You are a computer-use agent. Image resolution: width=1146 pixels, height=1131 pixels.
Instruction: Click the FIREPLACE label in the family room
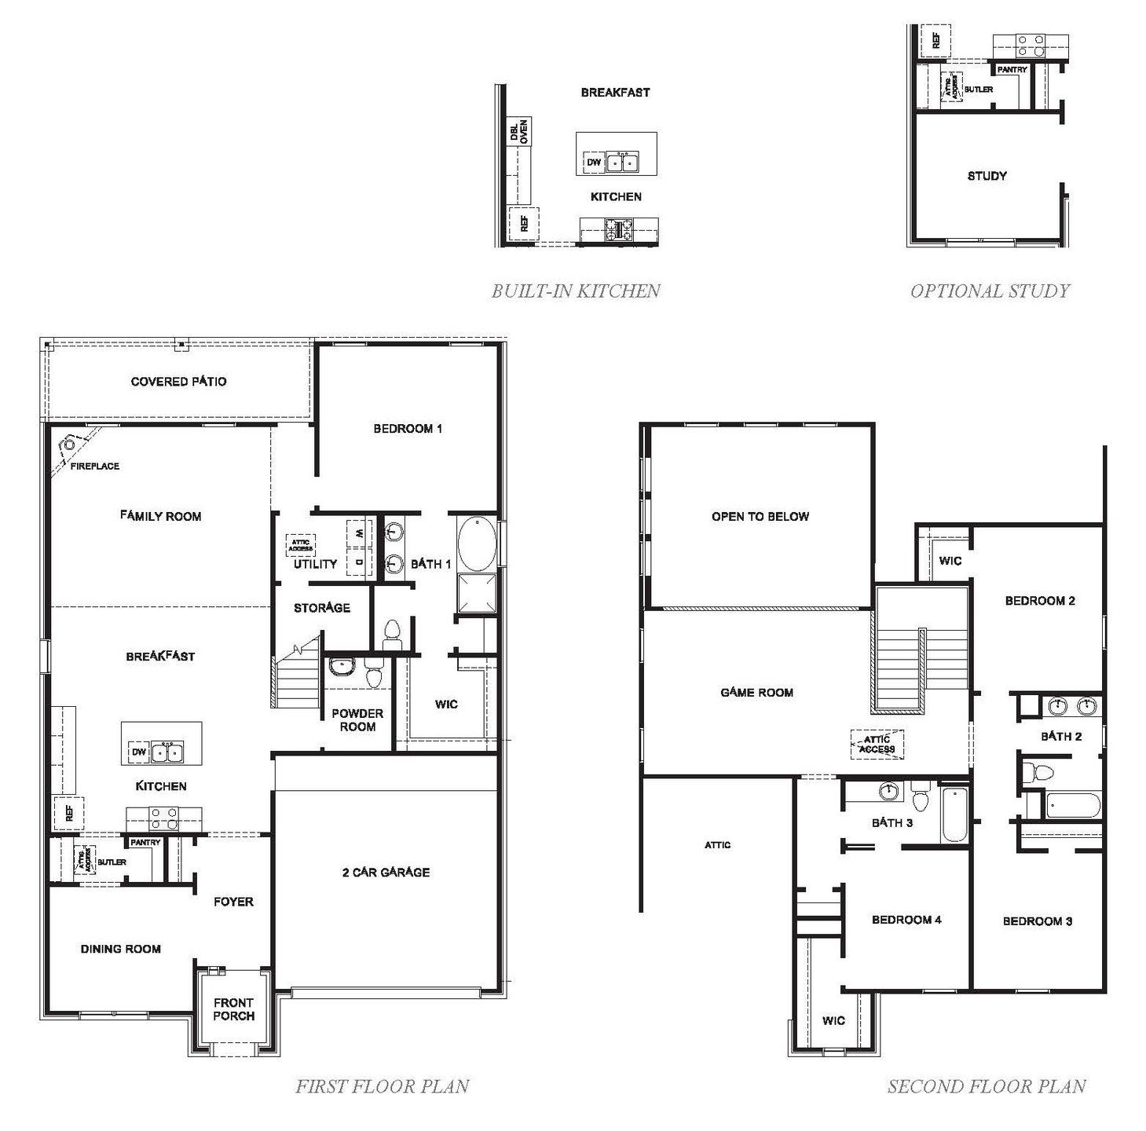(x=95, y=466)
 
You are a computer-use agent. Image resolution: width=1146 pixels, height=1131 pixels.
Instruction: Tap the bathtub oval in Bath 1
(x=476, y=544)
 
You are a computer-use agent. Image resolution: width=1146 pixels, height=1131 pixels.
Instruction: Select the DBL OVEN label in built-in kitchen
(x=519, y=131)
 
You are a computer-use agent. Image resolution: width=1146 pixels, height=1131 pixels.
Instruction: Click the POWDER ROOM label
(x=357, y=719)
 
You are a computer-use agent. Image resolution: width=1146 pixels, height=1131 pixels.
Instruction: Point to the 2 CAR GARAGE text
(x=386, y=872)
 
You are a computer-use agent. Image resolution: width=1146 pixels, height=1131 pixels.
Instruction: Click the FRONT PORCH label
(x=233, y=1008)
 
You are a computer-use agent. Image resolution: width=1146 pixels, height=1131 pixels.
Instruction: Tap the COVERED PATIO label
(x=178, y=382)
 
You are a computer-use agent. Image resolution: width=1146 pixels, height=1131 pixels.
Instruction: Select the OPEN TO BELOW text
(x=760, y=516)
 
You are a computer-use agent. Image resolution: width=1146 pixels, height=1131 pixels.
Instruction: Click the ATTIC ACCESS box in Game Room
(x=877, y=744)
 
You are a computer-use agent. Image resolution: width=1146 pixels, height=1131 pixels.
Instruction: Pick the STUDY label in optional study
(x=987, y=176)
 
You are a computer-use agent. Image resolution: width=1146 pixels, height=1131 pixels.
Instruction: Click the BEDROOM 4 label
(x=906, y=920)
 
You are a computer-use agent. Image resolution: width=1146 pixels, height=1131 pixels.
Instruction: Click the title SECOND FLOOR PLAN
(x=987, y=1086)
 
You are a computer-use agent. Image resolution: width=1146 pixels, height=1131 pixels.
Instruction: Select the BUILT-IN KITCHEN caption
(x=576, y=291)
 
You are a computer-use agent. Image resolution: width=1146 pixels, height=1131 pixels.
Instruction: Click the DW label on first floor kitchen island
(x=139, y=752)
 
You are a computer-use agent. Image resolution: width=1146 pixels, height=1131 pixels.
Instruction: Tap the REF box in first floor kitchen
(x=68, y=813)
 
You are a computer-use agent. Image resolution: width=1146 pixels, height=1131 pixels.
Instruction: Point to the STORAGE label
(x=321, y=608)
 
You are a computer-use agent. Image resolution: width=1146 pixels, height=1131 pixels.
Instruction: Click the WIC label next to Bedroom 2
(x=950, y=561)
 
